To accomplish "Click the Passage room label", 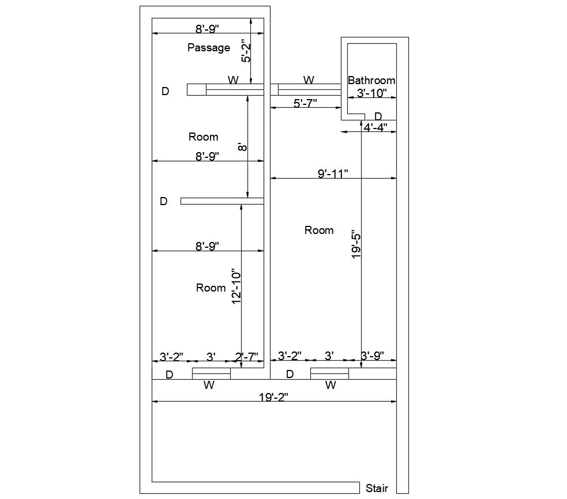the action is [209, 48].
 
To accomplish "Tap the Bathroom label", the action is [371, 81].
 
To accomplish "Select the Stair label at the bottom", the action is [377, 489].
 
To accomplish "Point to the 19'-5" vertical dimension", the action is [356, 245].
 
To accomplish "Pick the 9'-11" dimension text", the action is [333, 173].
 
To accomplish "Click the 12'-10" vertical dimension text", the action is [236, 286].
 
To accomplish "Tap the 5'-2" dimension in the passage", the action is [246, 50].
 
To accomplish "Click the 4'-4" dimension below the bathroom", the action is [376, 127].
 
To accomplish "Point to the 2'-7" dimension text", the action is [246, 357].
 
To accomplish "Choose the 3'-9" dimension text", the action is [372, 356].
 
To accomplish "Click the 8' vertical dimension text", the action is [243, 147].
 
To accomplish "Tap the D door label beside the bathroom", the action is [378, 116].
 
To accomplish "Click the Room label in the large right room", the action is [319, 230].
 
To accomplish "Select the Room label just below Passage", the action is [204, 137].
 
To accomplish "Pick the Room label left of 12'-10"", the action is [211, 288].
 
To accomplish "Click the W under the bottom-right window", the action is [331, 385].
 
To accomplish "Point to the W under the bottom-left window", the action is [209, 385].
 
